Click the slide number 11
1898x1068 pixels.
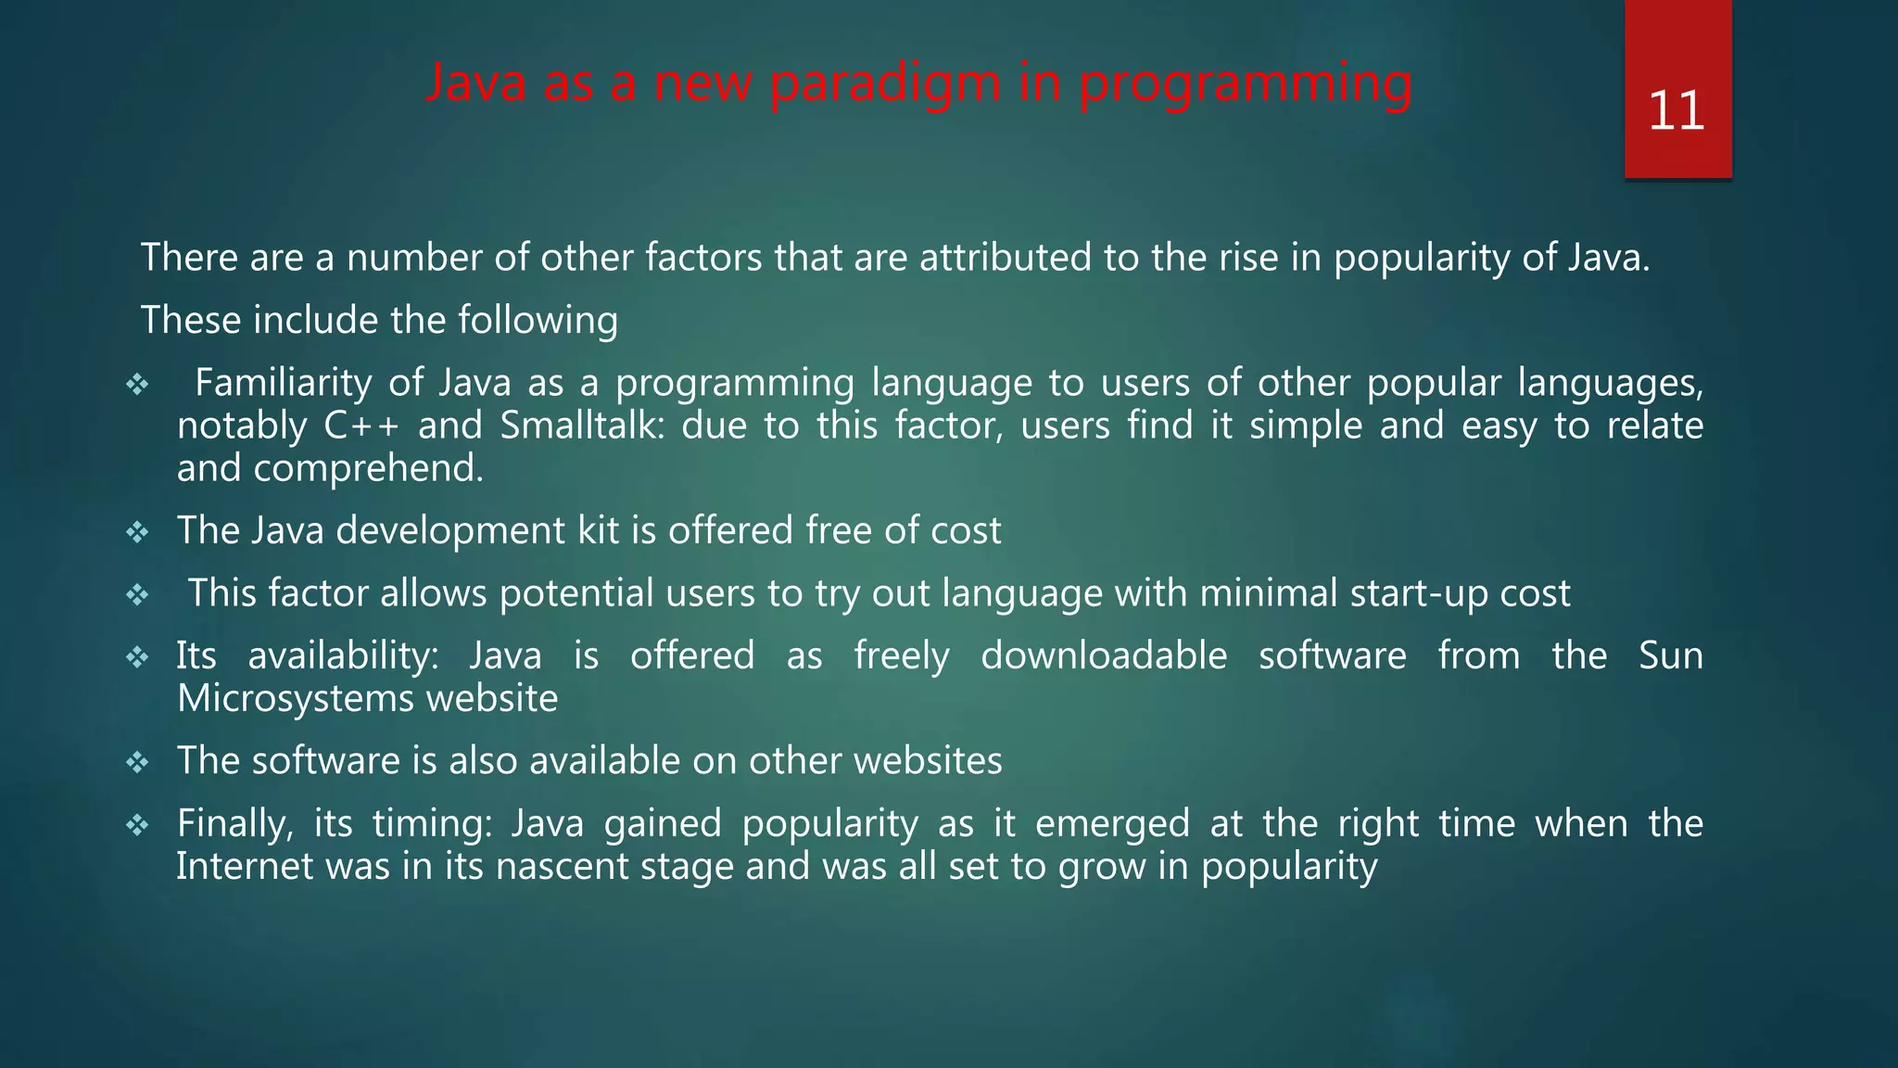1677,111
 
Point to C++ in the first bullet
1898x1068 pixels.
361,426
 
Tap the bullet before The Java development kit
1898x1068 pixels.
137,532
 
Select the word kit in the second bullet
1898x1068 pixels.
601,530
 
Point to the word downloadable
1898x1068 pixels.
1104,655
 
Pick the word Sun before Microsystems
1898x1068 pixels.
1670,655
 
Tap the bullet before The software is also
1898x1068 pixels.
137,762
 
